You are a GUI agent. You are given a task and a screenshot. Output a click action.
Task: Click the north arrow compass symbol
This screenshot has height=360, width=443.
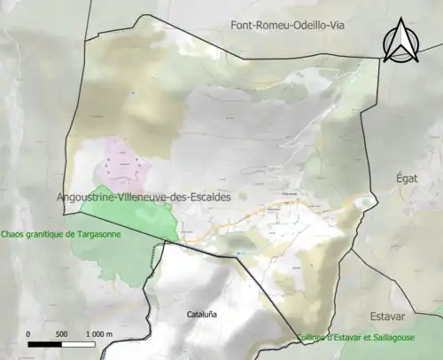tap(400, 41)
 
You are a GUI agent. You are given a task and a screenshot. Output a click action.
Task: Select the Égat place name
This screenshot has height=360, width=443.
tap(405, 177)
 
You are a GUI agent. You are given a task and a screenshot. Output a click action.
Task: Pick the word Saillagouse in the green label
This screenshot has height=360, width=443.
tap(413, 335)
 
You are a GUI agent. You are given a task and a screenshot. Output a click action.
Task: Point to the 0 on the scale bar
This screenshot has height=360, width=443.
tap(29, 333)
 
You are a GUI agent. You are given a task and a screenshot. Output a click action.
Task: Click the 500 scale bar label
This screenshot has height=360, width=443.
tap(61, 333)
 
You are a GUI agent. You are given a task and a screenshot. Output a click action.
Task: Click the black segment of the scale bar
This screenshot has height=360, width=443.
tap(45, 343)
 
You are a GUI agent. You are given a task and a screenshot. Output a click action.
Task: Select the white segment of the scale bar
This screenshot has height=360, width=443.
tap(76, 343)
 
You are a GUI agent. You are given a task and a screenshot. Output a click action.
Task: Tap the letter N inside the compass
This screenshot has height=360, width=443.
tap(400, 46)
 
